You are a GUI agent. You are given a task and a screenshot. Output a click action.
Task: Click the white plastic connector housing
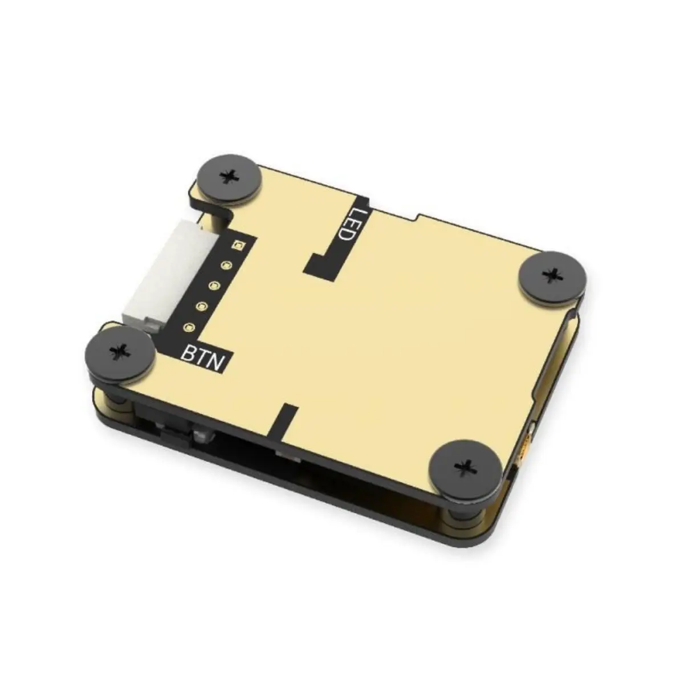pos(165,274)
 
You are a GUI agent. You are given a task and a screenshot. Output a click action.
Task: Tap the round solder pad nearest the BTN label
pos(189,328)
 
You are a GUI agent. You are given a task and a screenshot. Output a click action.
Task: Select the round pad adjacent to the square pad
pos(227,265)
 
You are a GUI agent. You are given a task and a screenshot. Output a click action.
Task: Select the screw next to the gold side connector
pos(467,467)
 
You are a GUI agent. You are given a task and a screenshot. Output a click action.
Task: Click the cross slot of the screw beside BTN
pos(120,351)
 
